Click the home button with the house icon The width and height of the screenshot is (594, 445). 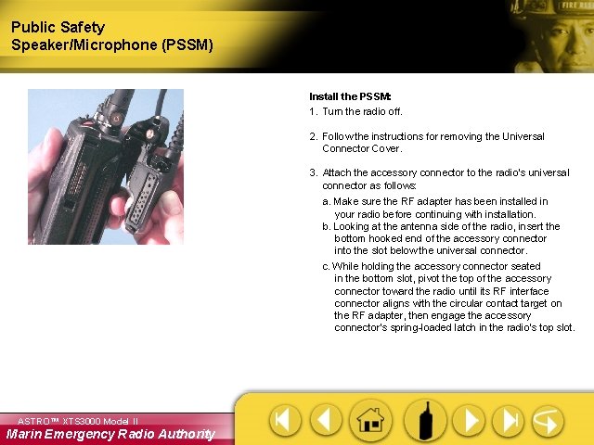point(370,420)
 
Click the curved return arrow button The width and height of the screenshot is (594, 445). point(548,420)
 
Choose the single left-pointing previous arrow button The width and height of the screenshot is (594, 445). point(326,420)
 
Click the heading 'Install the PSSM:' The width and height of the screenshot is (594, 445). point(350,96)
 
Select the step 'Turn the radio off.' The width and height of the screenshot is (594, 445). point(362,111)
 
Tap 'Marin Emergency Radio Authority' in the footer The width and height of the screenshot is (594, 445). point(110,434)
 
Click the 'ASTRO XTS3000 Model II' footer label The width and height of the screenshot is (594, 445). point(78,421)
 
